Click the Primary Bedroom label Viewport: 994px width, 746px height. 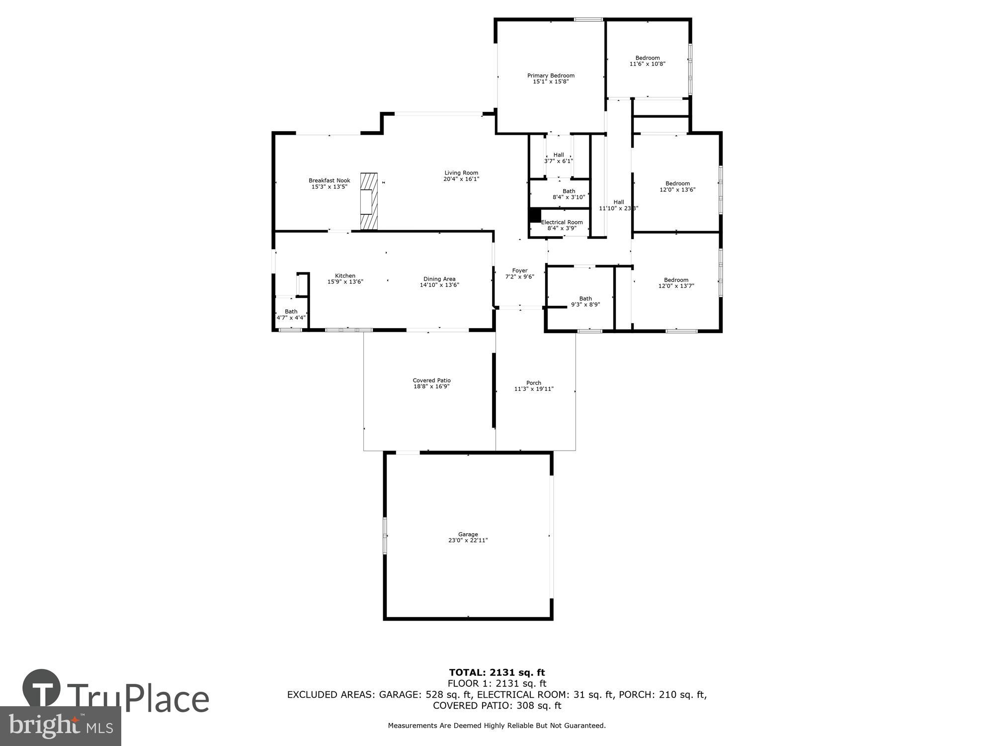coord(551,76)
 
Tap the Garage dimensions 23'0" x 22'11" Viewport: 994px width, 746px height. coord(468,540)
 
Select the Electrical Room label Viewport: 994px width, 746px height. coord(562,222)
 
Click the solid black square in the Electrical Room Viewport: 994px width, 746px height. coord(535,215)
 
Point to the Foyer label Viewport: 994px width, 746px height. coord(520,271)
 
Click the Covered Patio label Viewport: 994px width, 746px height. coord(431,380)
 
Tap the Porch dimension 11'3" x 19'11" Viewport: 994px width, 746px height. coord(534,389)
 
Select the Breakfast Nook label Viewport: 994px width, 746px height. coord(329,181)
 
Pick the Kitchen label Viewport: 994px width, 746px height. coord(345,276)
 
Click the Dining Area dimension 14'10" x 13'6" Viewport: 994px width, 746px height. coord(439,285)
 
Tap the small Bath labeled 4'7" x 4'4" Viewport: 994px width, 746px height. coord(291,314)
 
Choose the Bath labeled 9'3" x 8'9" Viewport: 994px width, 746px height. coord(585,301)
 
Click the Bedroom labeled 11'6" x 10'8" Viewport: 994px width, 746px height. coord(647,61)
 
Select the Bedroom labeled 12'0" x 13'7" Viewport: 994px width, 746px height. coord(676,282)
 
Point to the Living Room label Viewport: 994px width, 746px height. coord(461,173)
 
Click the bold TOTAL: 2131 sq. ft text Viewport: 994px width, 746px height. coord(497,673)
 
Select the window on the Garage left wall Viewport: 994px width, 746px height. coord(385,535)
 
